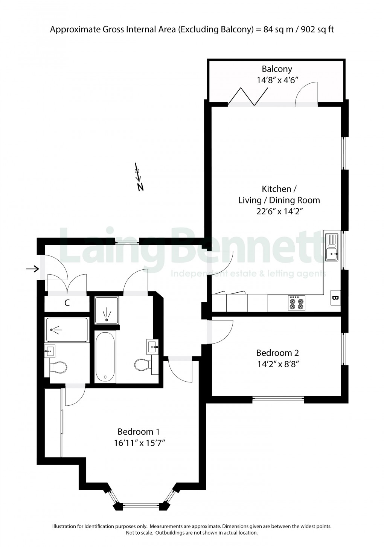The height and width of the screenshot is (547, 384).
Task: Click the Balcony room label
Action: coord(277,69)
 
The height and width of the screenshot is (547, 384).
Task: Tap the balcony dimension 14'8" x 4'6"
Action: coord(277,80)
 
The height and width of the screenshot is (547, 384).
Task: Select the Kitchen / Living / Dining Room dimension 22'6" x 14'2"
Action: coord(279,211)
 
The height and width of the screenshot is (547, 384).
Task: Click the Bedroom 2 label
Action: coord(277,353)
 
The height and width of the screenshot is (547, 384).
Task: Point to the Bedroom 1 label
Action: coord(141,432)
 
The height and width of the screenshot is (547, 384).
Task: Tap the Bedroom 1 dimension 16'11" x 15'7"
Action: coord(140,443)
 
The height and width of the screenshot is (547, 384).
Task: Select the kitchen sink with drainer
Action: coord(332,247)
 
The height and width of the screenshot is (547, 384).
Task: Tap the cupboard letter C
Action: coord(67,303)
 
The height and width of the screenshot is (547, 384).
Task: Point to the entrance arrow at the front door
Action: coord(32,269)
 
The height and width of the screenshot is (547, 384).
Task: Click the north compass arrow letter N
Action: coord(140,186)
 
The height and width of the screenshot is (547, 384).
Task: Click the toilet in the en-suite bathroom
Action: coord(58,367)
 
